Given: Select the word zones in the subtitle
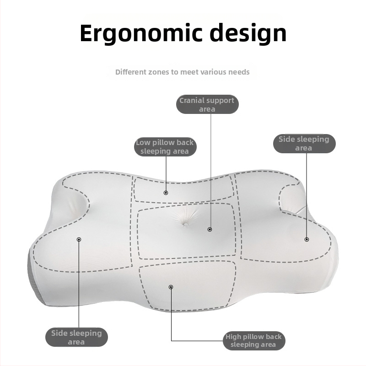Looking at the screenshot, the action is (159, 72).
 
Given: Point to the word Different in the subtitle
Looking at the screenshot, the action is (131, 72).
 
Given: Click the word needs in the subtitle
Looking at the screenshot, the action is (239, 72).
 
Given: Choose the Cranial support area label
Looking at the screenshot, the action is (207, 104).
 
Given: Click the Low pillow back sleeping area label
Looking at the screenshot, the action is (165, 147).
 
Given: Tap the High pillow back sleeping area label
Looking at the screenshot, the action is (254, 340).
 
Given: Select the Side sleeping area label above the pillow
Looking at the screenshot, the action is (304, 144).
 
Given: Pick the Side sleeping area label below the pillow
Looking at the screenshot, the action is (76, 337).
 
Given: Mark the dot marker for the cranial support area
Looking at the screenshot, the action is (210, 230).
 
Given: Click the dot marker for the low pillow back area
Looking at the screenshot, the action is (166, 193).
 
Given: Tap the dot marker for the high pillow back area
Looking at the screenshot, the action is (171, 287).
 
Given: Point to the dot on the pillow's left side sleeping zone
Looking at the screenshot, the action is (79, 239).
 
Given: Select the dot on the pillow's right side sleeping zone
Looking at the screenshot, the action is (307, 239).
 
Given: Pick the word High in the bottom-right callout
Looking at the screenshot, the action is (233, 337).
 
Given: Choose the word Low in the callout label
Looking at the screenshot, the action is (143, 142).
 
